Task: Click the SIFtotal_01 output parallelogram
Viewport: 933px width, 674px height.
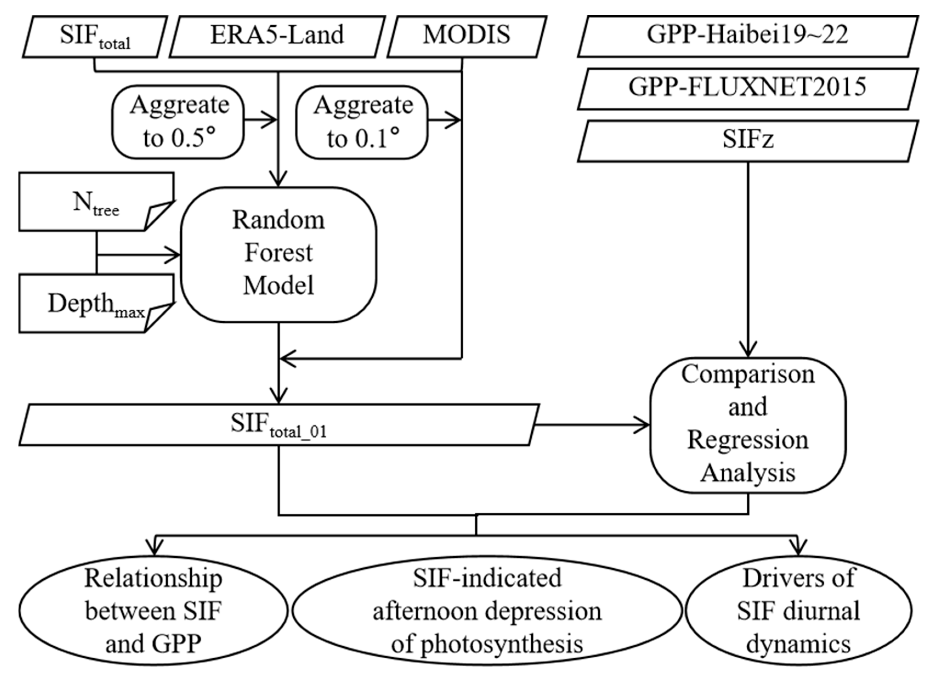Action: (x=279, y=424)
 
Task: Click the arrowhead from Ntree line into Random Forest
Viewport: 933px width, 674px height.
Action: (x=175, y=255)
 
